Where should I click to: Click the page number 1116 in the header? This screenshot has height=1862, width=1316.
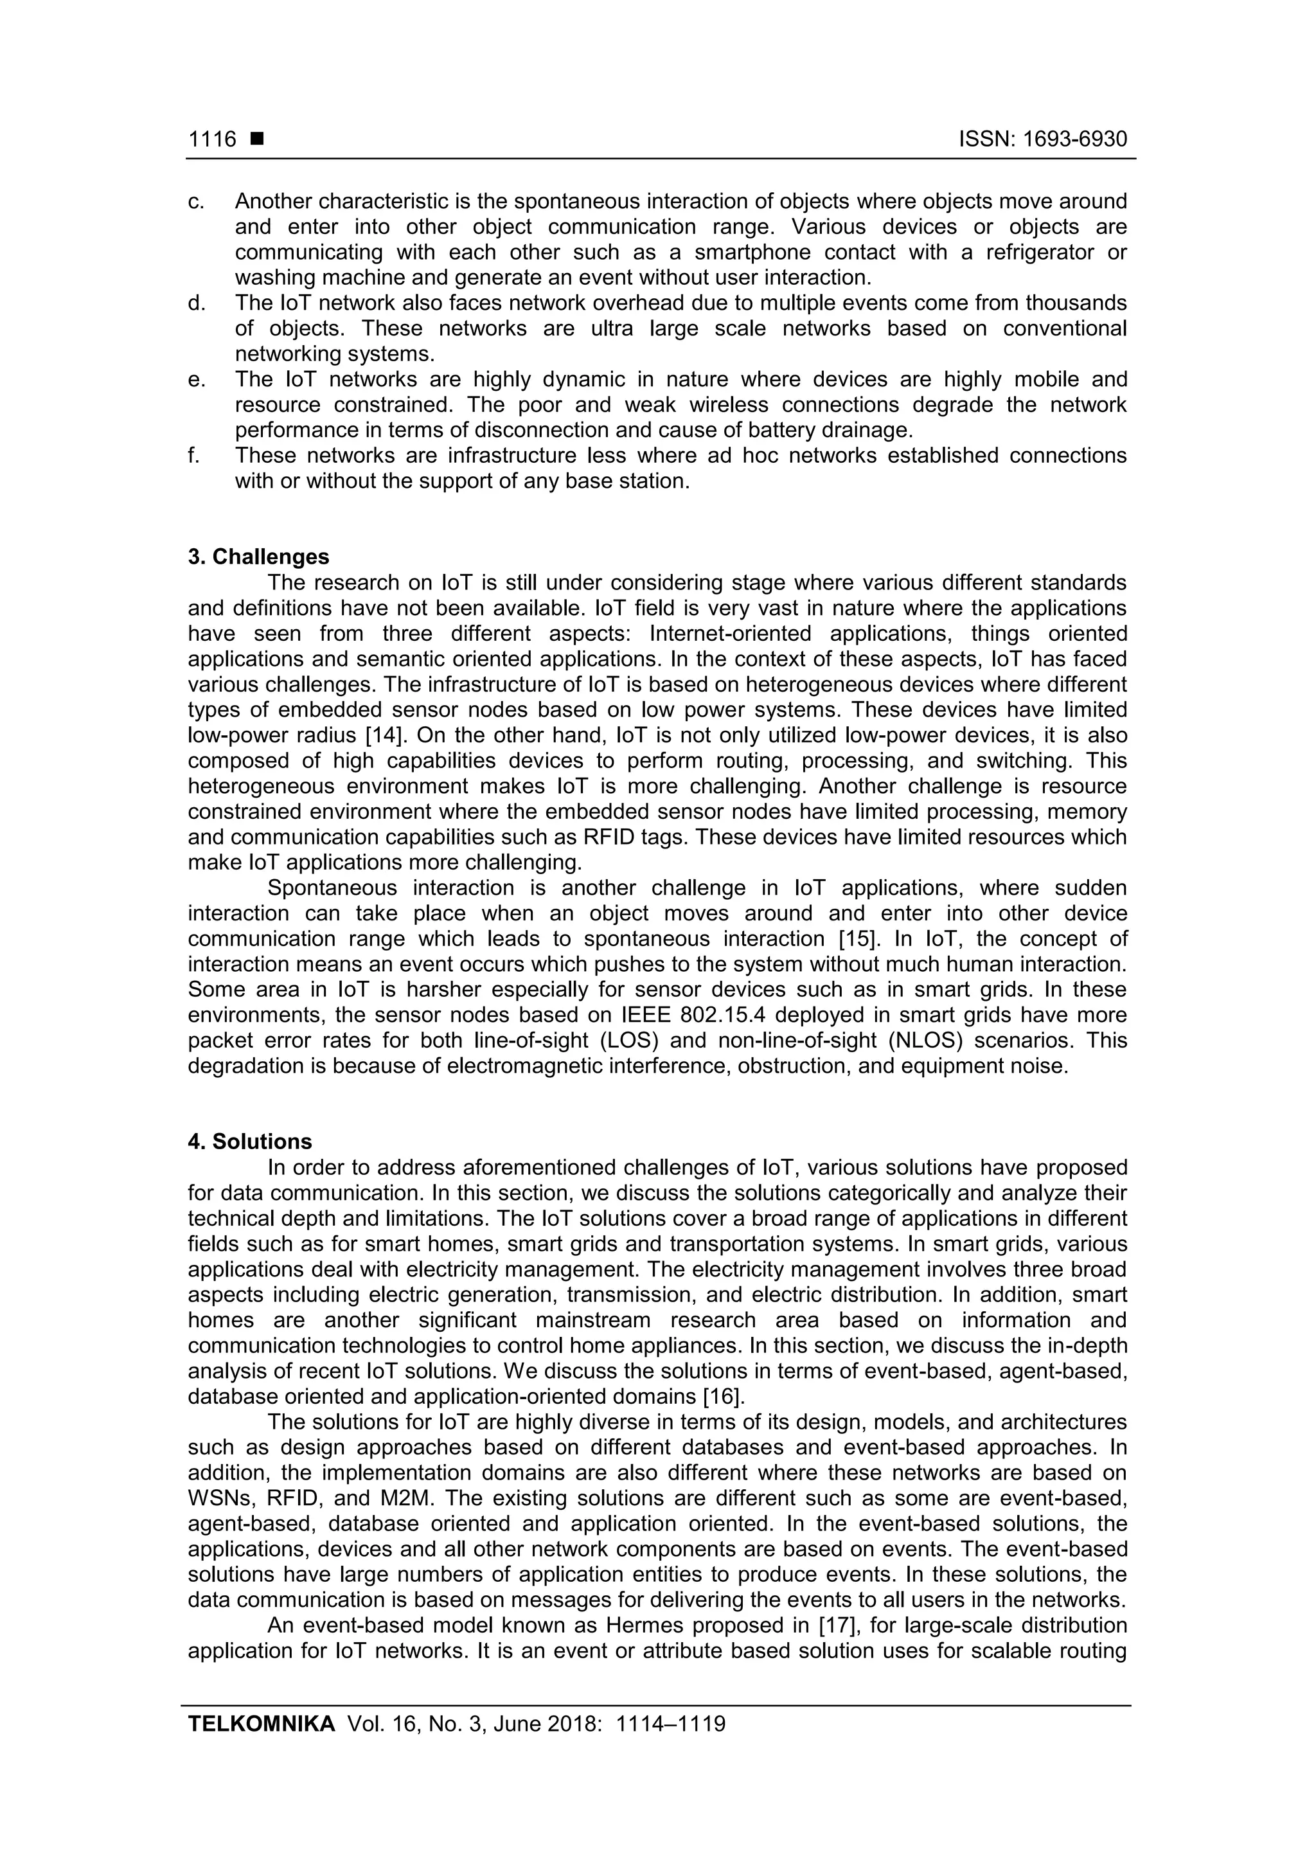(x=211, y=139)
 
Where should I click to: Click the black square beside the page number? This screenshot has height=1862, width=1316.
(x=257, y=139)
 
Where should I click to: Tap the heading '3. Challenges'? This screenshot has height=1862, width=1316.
(x=259, y=557)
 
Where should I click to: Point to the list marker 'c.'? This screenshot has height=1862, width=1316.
(x=195, y=201)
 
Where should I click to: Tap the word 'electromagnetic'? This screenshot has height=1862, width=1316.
(x=533, y=1066)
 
